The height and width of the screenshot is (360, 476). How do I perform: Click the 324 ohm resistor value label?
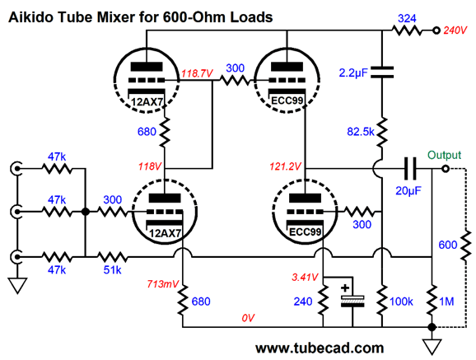[x=407, y=18]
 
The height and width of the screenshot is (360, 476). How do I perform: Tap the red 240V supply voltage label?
[x=455, y=30]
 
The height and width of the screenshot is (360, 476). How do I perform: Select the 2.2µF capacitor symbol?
[x=382, y=72]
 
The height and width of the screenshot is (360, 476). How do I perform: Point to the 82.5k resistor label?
[x=361, y=132]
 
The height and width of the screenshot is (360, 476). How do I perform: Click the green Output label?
[x=445, y=155]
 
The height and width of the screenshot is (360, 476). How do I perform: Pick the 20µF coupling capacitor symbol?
[x=410, y=168]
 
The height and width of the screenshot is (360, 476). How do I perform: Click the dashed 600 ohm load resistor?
[x=466, y=245]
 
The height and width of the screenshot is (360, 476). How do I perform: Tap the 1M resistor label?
[x=446, y=302]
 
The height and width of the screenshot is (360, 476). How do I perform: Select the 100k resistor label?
[x=401, y=302]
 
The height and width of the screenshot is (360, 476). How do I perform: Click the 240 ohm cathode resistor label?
[x=303, y=302]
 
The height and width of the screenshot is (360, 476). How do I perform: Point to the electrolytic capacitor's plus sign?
[x=345, y=288]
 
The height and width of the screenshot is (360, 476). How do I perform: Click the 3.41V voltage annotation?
[x=305, y=277]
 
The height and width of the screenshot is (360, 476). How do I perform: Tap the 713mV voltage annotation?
[x=163, y=284]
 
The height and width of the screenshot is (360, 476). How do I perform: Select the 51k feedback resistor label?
[x=112, y=269]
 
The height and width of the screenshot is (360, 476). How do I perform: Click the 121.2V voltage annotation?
[x=286, y=166]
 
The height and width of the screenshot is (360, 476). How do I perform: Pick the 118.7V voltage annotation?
[x=197, y=73]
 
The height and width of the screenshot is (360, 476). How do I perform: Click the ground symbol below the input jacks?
[x=17, y=286]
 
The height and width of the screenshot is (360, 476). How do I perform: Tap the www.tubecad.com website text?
[x=320, y=348]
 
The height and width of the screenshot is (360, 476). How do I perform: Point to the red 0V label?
[x=248, y=318]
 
